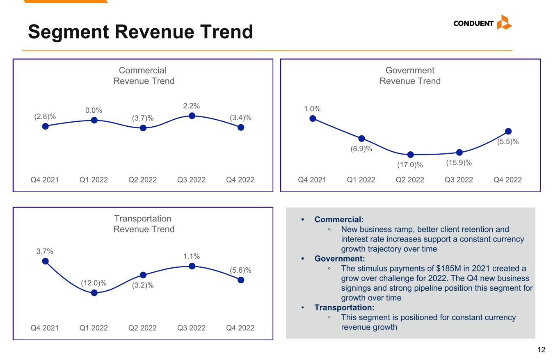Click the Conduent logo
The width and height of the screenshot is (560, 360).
[x=482, y=23]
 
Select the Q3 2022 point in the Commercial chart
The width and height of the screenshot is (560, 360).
[x=192, y=116]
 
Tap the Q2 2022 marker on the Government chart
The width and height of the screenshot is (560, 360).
[x=410, y=155]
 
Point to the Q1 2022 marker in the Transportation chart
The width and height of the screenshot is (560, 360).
[x=94, y=293]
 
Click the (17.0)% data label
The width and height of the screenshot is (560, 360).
[x=410, y=165]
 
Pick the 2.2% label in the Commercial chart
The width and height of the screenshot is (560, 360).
[x=192, y=106]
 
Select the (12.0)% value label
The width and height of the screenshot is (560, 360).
[x=94, y=283]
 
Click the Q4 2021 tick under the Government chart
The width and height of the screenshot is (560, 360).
[x=312, y=180]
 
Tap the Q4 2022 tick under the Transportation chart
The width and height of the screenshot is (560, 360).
[x=240, y=328]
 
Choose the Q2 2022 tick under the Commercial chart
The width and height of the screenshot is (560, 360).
[x=142, y=180]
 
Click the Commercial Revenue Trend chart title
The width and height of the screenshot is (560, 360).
[x=144, y=75]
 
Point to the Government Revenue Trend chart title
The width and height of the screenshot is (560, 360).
[x=410, y=75]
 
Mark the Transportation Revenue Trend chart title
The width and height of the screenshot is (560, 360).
[x=144, y=224]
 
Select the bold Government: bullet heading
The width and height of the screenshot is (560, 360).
[x=339, y=259]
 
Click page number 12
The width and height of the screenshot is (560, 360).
[x=541, y=350]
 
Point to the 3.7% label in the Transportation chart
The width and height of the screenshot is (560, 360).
[x=45, y=251]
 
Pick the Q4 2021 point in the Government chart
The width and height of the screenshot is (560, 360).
[x=313, y=118]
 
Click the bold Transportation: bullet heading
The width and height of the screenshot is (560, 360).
[x=344, y=308]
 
